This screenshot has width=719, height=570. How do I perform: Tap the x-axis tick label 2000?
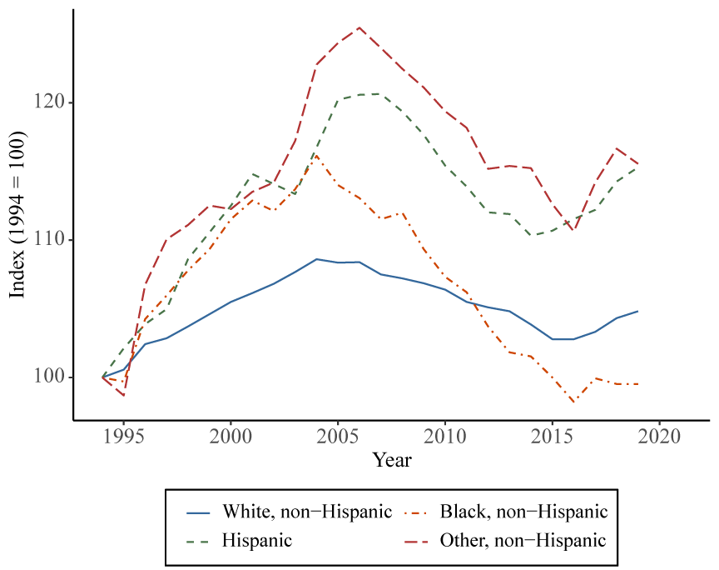coord(231,437)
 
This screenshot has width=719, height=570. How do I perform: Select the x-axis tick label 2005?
coord(337,437)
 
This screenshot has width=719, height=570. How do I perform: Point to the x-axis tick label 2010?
coord(444,437)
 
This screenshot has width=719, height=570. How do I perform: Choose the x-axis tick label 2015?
coord(552,437)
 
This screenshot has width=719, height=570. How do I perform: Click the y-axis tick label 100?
coord(52,377)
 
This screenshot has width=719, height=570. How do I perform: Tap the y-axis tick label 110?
coord(52,240)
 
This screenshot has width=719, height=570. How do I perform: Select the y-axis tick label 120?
coord(52,102)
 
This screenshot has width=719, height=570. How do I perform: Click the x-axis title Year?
coord(391,459)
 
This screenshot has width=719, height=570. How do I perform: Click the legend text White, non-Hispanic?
coord(307,511)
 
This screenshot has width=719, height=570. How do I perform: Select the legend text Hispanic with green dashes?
coord(257,540)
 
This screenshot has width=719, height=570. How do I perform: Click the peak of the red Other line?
coord(359,27)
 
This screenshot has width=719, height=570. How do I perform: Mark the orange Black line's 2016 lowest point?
coord(573,402)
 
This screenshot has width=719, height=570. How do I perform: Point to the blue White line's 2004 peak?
coord(316,259)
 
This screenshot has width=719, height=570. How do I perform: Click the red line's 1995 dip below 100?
coord(124,395)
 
